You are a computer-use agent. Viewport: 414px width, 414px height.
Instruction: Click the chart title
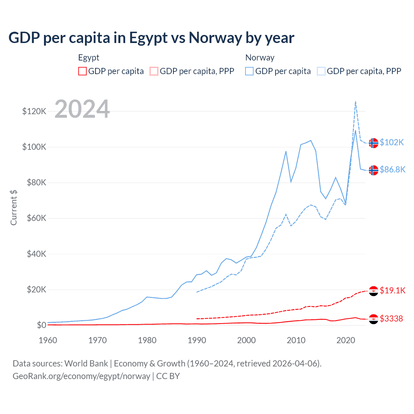click(x=151, y=38)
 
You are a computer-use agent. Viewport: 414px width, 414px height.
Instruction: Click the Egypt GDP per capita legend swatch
click(x=82, y=71)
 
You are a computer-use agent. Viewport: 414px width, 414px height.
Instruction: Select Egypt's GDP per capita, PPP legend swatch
click(x=154, y=71)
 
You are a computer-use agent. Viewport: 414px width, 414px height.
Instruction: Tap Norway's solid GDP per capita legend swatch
click(x=249, y=71)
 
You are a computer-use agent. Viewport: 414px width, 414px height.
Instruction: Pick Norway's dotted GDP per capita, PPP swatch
click(x=321, y=71)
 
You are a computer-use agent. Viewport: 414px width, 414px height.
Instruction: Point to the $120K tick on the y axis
click(x=34, y=111)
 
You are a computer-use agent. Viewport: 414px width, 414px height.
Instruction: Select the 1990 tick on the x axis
click(x=197, y=340)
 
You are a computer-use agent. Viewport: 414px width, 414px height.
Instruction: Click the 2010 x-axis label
click(x=296, y=340)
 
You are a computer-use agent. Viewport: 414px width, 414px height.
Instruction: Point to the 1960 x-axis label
click(x=48, y=340)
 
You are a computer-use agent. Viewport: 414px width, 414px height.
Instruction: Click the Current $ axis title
click(x=14, y=207)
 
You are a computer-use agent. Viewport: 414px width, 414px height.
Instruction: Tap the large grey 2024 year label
click(x=82, y=109)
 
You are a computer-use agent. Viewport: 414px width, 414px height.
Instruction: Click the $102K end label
click(x=392, y=142)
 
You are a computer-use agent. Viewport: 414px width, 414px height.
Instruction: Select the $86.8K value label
click(x=392, y=169)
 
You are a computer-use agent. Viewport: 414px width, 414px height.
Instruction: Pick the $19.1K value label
click(x=392, y=290)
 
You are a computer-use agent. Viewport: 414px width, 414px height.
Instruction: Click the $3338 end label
click(x=391, y=319)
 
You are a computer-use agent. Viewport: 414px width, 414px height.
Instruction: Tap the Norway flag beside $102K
click(x=374, y=143)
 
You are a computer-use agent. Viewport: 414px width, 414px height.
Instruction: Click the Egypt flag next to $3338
click(x=374, y=319)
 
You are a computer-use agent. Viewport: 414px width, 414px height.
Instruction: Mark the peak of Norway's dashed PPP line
click(x=355, y=102)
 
